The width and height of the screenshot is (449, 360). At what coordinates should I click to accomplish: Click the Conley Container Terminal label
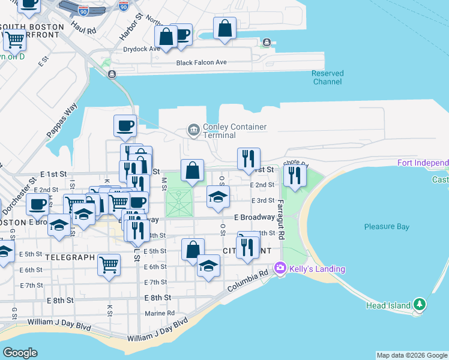coord(235,131)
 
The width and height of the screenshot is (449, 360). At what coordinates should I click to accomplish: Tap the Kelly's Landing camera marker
coord(279,268)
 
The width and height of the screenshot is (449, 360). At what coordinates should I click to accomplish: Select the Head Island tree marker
coord(420,305)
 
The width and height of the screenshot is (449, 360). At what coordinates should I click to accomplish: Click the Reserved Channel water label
coord(328,77)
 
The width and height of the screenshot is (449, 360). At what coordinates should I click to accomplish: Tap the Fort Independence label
coord(423,163)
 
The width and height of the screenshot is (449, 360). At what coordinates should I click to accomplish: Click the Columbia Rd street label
coord(247,282)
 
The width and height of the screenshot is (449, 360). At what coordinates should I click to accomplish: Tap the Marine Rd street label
coord(160,313)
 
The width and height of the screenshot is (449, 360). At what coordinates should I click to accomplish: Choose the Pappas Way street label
coord(62,122)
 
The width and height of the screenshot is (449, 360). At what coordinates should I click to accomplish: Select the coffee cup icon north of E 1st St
coord(125,125)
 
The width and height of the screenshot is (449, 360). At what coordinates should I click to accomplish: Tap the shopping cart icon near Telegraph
coord(109,264)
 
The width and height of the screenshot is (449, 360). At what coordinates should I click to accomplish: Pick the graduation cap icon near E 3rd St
coord(218,196)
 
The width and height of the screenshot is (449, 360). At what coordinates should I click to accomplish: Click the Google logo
coord(20,353)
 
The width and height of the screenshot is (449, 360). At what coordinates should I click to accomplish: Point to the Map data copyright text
coord(412,355)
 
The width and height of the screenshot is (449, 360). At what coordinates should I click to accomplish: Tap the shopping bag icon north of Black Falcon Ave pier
coord(224,28)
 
